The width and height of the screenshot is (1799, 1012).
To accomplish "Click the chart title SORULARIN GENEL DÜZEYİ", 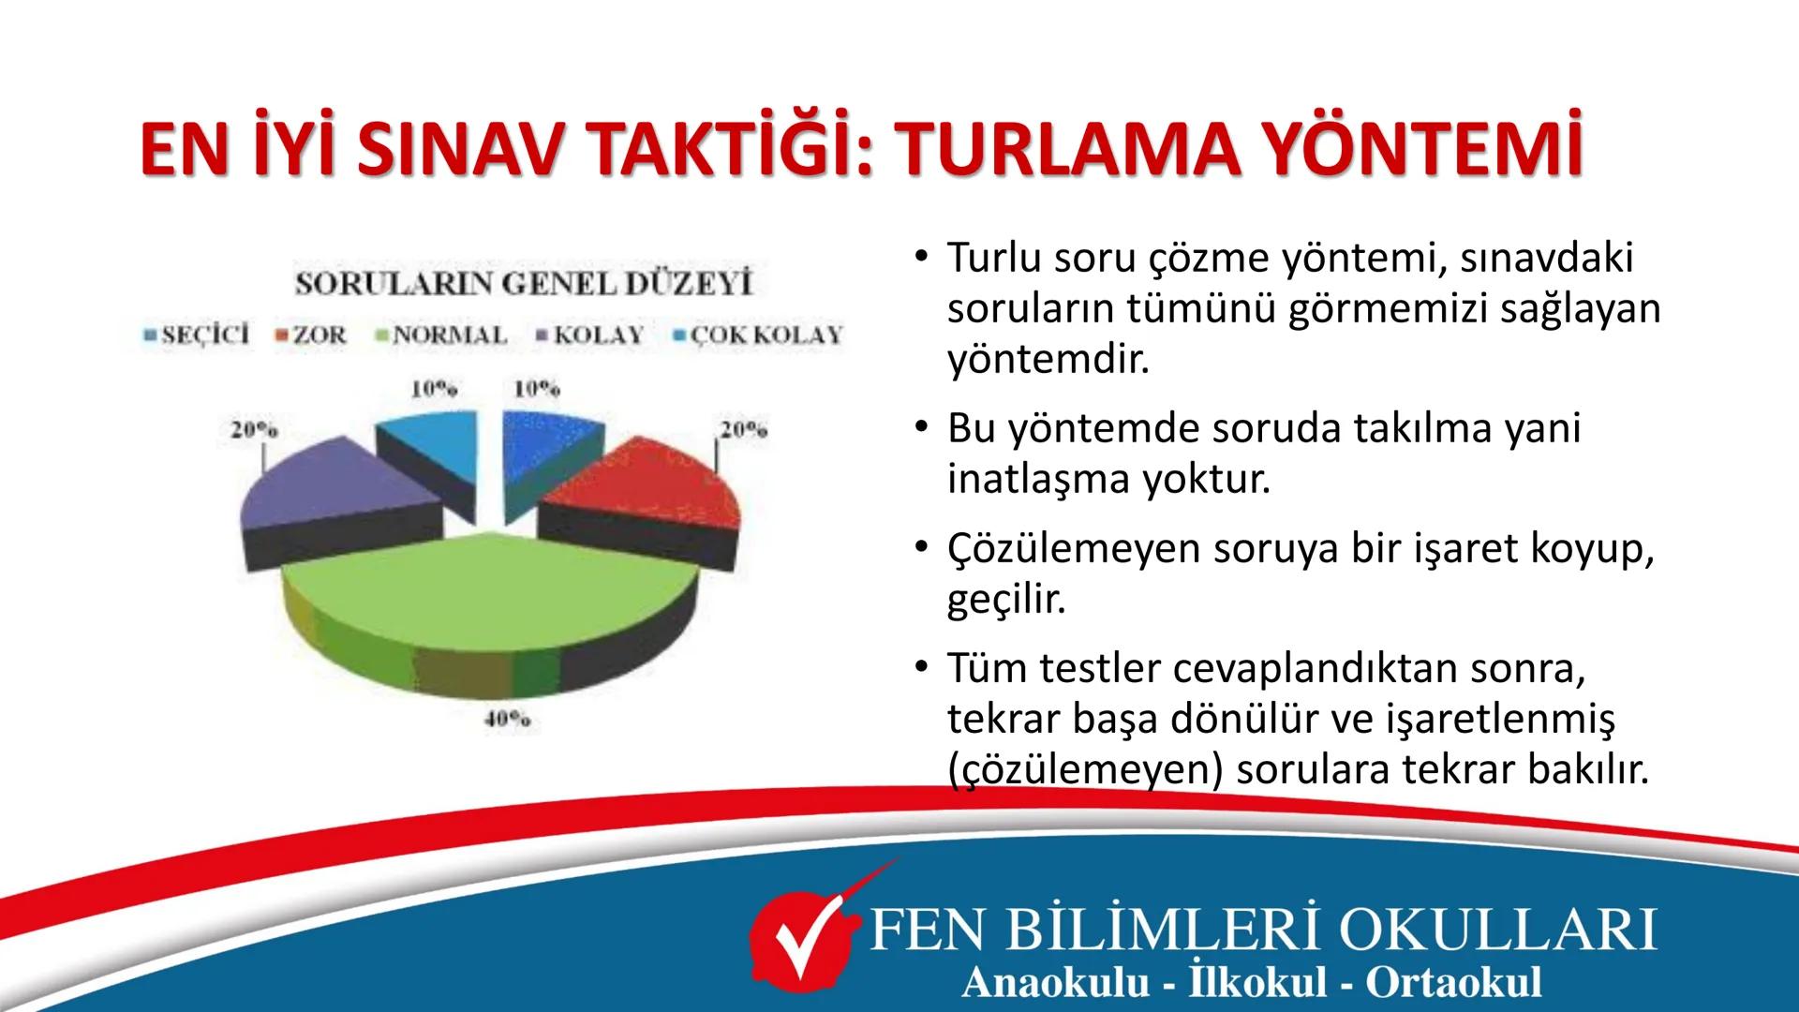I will tap(524, 284).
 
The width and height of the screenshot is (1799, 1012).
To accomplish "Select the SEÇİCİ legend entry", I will tap(198, 335).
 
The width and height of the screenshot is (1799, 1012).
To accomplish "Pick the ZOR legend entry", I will tap(312, 335).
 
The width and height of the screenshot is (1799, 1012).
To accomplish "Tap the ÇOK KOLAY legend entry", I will tap(760, 335).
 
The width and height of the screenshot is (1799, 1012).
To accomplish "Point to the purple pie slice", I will tap(337, 487).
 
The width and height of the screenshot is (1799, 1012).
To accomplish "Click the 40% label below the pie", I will tap(507, 721).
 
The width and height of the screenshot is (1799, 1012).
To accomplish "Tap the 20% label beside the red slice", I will tap(743, 430).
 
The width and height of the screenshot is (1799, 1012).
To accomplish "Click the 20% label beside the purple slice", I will tap(254, 430).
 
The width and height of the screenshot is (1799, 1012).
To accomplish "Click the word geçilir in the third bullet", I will tap(1006, 600).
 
